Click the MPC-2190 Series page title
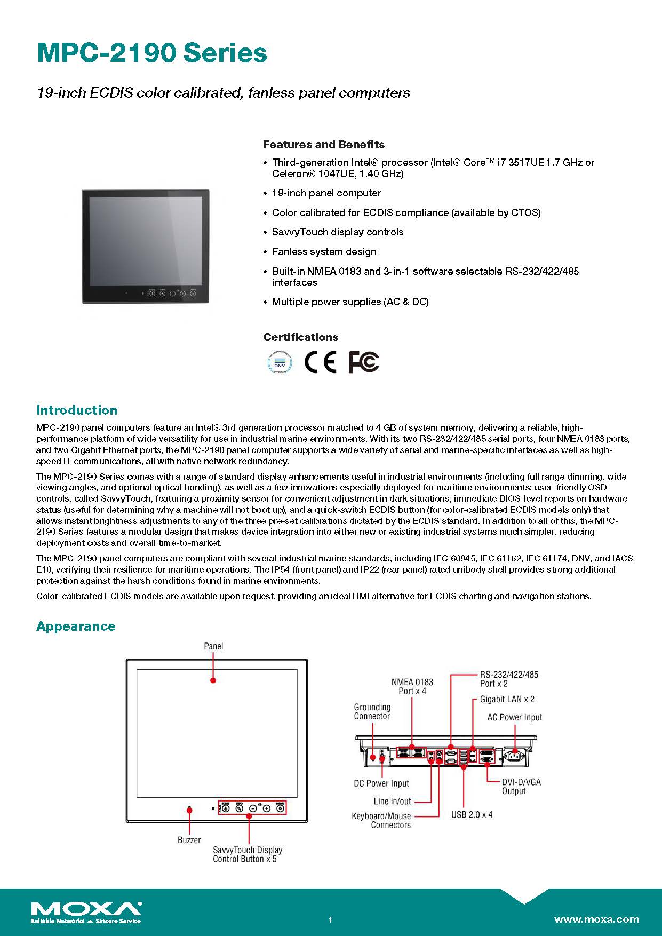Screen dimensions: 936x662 pyautogui.click(x=152, y=53)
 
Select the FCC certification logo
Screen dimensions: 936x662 pyautogui.click(x=363, y=362)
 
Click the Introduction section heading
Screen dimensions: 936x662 pyautogui.click(x=77, y=410)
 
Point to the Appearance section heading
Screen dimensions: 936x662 pyautogui.click(x=76, y=626)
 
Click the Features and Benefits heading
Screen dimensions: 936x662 pyautogui.click(x=323, y=145)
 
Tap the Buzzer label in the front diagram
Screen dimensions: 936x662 pyautogui.click(x=189, y=840)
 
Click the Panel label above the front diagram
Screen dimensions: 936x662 pyautogui.click(x=213, y=646)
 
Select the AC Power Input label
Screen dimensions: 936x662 pyautogui.click(x=514, y=717)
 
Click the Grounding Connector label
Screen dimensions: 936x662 pyautogui.click(x=372, y=712)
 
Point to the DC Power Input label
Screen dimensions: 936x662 pyautogui.click(x=381, y=783)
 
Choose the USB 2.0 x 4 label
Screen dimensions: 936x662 pyautogui.click(x=472, y=815)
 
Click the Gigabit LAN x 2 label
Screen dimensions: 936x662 pyautogui.click(x=507, y=699)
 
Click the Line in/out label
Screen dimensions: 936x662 pyautogui.click(x=392, y=801)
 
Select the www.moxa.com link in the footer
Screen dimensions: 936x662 pyautogui.click(x=596, y=919)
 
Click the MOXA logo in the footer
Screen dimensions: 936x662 pyautogui.click(x=86, y=912)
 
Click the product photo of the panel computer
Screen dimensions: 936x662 pyautogui.click(x=145, y=247)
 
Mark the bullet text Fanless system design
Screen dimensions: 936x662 pyautogui.click(x=324, y=251)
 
